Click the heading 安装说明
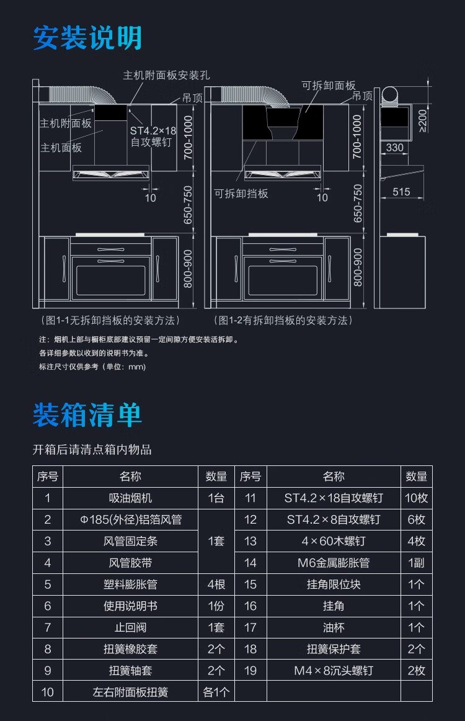tap(87, 38)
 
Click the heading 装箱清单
tap(87, 415)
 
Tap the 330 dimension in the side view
tap(395, 148)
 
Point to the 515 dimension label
tap(401, 192)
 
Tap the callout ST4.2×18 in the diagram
tap(153, 131)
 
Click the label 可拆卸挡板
tap(241, 194)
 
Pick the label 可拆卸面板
tap(328, 86)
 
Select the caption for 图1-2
tap(283, 320)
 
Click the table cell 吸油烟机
tap(130, 498)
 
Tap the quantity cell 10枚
tap(416, 498)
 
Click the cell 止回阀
tap(130, 627)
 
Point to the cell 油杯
tap(333, 627)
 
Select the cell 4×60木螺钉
tap(333, 541)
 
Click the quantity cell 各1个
tap(216, 692)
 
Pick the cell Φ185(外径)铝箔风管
tap(130, 520)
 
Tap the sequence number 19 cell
tap(250, 671)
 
